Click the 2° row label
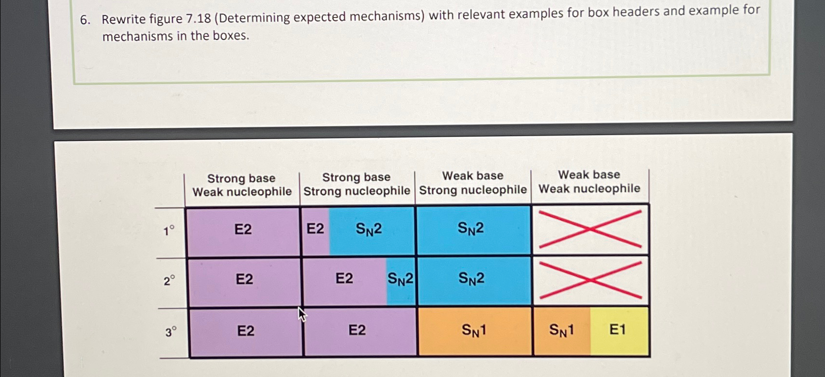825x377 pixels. pyautogui.click(x=169, y=281)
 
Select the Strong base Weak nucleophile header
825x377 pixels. pyautogui.click(x=242, y=185)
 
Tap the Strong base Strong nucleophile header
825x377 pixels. pyautogui.click(x=357, y=184)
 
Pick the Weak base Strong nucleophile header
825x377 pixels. pyautogui.click(x=473, y=183)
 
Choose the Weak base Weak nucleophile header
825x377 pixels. pyautogui.click(x=589, y=182)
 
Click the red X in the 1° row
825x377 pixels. pyautogui.click(x=590, y=229)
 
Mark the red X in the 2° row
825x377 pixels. pyautogui.click(x=591, y=280)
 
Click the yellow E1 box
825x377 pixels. pyautogui.click(x=619, y=330)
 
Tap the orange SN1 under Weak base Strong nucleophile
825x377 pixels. pyautogui.click(x=474, y=331)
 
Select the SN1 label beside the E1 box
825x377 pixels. pyautogui.click(x=561, y=330)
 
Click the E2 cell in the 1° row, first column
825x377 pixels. pyautogui.click(x=243, y=229)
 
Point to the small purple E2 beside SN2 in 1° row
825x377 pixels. pyautogui.click(x=315, y=229)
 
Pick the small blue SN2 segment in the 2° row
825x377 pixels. pyautogui.click(x=401, y=279)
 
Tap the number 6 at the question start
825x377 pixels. pyautogui.click(x=84, y=20)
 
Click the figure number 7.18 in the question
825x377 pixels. pyautogui.click(x=198, y=18)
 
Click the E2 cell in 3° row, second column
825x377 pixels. pyautogui.click(x=357, y=330)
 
